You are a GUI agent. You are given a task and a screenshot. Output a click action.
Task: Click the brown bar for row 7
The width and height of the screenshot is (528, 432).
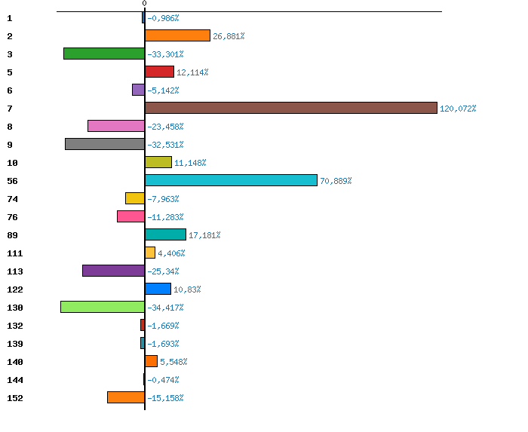pos(290,108)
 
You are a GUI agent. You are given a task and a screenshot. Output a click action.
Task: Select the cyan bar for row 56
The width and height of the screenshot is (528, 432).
pos(231,180)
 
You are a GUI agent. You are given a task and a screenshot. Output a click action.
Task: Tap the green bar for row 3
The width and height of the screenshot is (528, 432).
pos(104,54)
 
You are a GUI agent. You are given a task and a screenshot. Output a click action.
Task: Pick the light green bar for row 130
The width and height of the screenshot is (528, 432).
pos(103,307)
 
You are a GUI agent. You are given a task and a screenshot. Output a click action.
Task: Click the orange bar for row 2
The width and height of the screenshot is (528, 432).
pos(177,35)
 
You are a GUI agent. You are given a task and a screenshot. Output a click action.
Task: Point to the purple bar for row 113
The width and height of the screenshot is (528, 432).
pos(113,271)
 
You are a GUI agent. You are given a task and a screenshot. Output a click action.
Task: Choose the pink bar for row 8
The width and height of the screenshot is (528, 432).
pos(116,126)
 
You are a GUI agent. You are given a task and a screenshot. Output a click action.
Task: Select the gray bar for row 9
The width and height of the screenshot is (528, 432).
pos(105,144)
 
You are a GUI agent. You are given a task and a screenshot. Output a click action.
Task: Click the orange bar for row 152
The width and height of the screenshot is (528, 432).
pos(126,397)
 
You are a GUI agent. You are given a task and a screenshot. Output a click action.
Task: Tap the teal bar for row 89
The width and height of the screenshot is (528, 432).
pos(165,234)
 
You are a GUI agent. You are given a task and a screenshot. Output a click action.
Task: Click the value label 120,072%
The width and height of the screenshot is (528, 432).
pos(458,109)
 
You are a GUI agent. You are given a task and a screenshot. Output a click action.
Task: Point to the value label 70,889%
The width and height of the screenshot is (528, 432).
pos(336,181)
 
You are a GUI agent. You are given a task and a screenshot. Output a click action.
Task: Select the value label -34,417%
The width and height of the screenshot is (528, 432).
pos(165,308)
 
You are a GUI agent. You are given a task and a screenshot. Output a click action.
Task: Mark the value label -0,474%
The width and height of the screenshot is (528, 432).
pos(163,380)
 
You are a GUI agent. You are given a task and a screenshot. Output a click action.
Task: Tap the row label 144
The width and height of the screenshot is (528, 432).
pos(14,380)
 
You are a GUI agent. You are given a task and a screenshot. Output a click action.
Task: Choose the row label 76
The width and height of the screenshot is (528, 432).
pos(12,217)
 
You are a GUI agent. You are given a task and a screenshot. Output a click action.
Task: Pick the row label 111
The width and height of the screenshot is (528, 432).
pos(14,253)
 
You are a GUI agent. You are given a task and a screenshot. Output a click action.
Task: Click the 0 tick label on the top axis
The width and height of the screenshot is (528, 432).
pos(144,4)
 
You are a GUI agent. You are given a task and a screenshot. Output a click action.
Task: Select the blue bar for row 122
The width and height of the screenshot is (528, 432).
pos(158,289)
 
